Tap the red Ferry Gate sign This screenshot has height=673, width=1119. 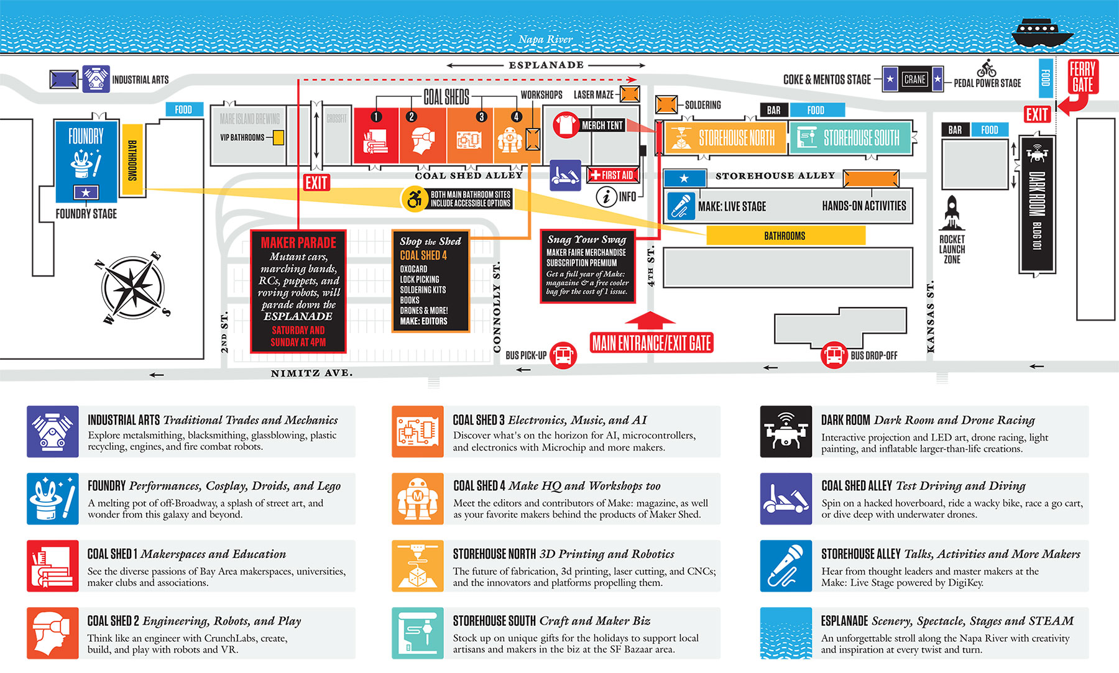point(1082,77)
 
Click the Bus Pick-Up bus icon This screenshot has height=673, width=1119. point(563,355)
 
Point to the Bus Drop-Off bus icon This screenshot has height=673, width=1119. point(834,355)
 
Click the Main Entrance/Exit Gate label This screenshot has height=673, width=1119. point(652,343)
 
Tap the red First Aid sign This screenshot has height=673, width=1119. point(612,175)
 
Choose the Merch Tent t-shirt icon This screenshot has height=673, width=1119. point(566,125)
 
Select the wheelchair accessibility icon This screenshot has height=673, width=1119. point(414,199)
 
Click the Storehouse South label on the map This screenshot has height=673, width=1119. point(861,138)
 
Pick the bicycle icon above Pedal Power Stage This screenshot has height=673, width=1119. point(987,68)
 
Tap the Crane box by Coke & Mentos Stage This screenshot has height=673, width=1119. point(914,80)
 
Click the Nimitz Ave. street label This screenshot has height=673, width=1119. point(311,373)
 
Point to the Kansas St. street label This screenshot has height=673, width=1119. point(931,317)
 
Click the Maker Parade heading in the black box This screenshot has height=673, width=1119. point(298,243)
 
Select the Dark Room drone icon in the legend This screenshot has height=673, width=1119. point(786,431)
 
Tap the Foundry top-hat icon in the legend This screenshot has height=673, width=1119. point(53,498)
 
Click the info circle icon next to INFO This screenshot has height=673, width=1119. point(606,197)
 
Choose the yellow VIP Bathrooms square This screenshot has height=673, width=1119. point(279,137)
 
